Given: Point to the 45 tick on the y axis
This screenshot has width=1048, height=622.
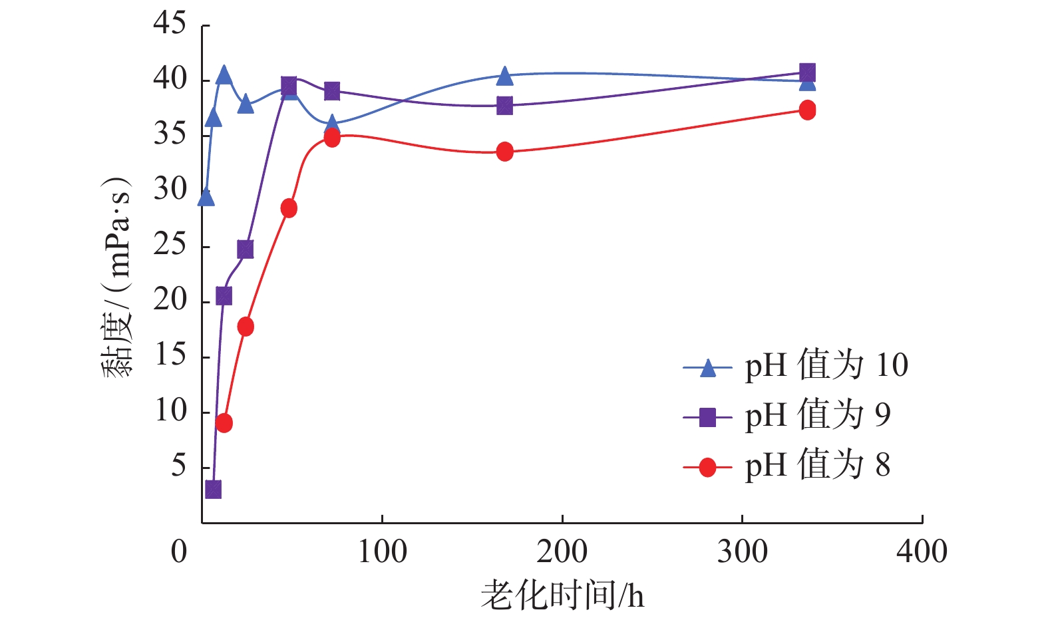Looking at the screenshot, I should pos(170,24).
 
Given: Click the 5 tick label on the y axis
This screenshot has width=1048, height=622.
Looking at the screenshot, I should pos(178,466).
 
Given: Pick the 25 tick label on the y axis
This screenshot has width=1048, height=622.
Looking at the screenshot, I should pos(170,245).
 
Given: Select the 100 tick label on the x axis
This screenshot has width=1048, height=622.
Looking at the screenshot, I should pos(382,552).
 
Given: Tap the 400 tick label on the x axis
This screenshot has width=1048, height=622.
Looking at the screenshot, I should pos(922,552).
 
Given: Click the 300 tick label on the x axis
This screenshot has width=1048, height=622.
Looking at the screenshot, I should pos(742,552).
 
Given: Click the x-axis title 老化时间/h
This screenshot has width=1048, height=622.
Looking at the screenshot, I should pos(562,595).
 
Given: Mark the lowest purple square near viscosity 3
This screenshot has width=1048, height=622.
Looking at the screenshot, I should pos(213,490).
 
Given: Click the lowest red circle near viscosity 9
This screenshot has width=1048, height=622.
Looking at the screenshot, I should pos(224,423).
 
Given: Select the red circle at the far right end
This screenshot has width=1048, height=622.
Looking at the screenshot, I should pos(807,110).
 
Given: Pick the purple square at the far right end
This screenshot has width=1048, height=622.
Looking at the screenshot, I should pos(807,72).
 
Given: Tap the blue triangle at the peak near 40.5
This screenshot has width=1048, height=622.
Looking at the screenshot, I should pos(224,75).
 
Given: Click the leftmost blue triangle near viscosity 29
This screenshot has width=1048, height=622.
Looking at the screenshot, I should pos(206,198).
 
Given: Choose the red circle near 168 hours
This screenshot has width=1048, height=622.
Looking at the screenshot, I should pos(505,152).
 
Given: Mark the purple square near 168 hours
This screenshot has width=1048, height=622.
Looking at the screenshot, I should pos(505,106).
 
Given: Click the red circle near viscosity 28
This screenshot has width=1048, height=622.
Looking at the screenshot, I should pos(289,208).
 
